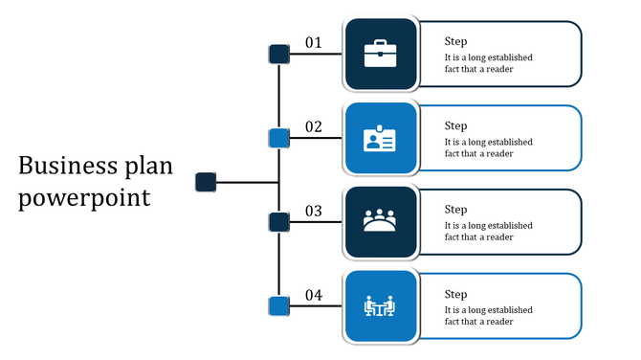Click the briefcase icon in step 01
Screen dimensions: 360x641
(x=380, y=54)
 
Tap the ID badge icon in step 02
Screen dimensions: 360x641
(x=380, y=139)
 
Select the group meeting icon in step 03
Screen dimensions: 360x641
(x=380, y=222)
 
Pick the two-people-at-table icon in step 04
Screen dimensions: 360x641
(x=380, y=306)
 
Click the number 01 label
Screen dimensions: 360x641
(x=314, y=42)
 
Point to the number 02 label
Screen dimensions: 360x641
(x=314, y=126)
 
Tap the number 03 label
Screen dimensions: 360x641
(x=314, y=211)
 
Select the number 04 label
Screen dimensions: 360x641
(x=314, y=295)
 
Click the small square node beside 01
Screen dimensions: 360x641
(x=278, y=55)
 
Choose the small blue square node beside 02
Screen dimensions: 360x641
(x=278, y=139)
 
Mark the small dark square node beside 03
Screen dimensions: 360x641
(x=278, y=223)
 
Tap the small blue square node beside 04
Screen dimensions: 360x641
(x=278, y=306)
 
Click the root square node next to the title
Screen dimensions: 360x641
(x=206, y=181)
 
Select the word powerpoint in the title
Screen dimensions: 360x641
(x=84, y=198)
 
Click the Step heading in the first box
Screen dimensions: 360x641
(x=455, y=41)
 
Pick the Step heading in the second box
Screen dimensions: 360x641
(x=455, y=125)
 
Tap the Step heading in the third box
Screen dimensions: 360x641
(x=455, y=210)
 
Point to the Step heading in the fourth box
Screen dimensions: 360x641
(x=455, y=294)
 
